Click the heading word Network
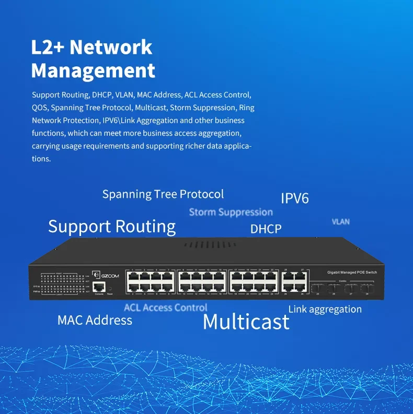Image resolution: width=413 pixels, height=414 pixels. (111, 47)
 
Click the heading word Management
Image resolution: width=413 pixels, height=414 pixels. (93, 70)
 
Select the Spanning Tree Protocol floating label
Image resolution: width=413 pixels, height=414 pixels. (163, 194)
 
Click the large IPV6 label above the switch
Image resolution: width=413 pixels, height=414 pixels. (295, 198)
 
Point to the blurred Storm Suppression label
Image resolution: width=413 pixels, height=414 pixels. (231, 212)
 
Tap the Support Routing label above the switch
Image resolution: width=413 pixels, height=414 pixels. (112, 227)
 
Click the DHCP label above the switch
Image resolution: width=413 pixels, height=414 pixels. (266, 229)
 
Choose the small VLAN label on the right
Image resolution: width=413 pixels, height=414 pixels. (341, 222)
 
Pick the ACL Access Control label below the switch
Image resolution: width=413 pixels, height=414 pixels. (165, 307)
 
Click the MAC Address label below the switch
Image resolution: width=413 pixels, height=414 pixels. (95, 320)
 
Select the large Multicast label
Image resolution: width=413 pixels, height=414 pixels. (246, 322)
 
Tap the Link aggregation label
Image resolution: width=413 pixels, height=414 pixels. (325, 309)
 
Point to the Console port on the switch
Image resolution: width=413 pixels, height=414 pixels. (99, 287)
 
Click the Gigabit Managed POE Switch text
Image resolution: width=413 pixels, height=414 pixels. (352, 273)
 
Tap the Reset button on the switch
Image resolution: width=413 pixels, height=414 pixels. (110, 287)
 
